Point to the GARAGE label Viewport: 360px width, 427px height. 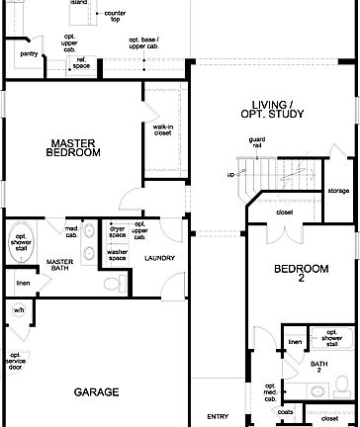[x=96, y=392]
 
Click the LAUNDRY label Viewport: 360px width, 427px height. [x=159, y=259]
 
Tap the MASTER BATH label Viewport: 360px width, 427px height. [x=60, y=266]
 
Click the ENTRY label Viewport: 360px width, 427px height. [x=218, y=415]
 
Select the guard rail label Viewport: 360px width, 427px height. [x=257, y=143]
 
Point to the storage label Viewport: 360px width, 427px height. [x=338, y=191]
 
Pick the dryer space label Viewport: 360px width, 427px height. [x=118, y=231]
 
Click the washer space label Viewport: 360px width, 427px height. [x=118, y=255]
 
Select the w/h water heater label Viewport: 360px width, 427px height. [x=18, y=309]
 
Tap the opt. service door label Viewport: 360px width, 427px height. [x=16, y=362]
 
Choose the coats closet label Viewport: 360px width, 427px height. [x=286, y=412]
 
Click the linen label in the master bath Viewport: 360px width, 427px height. [x=22, y=285]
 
